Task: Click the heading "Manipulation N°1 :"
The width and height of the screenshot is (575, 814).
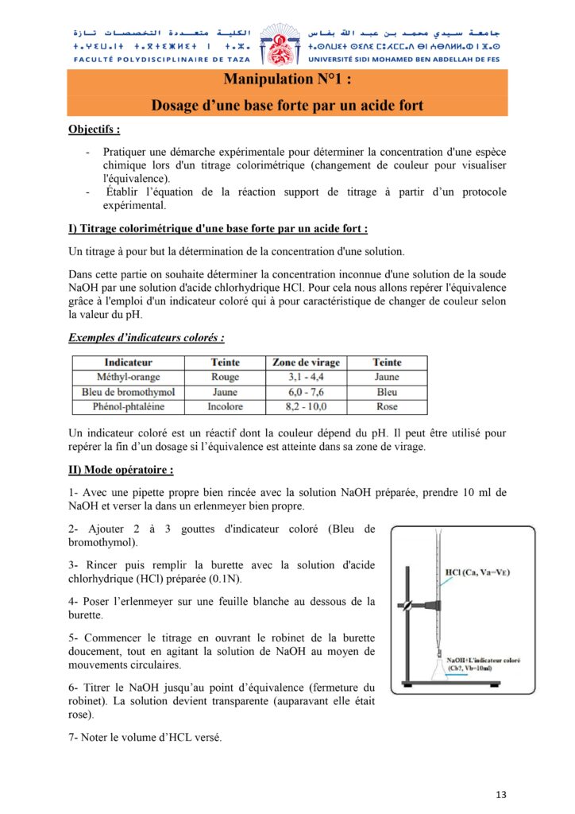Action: coord(287,79)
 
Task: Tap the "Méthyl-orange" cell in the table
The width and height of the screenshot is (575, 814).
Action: coord(128,377)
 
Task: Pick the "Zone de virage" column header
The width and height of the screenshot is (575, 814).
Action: coord(306,362)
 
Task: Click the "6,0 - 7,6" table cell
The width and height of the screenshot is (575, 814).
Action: coord(306,392)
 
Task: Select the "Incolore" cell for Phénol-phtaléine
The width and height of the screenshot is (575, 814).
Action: coord(225,407)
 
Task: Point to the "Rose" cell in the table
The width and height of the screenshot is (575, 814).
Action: coord(387,407)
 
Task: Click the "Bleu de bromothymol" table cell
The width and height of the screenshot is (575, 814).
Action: coord(128,392)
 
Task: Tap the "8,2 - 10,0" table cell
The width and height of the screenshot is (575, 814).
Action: coord(306,407)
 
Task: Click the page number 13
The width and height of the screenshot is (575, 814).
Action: coord(500,794)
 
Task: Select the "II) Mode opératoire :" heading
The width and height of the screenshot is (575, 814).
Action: coord(121,470)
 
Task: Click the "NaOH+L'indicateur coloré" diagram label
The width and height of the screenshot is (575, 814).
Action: coord(483,660)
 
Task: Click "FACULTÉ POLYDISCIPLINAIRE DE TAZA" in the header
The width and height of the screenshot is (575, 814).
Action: coord(161,60)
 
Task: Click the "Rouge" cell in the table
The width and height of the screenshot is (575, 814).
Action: coord(225,377)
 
